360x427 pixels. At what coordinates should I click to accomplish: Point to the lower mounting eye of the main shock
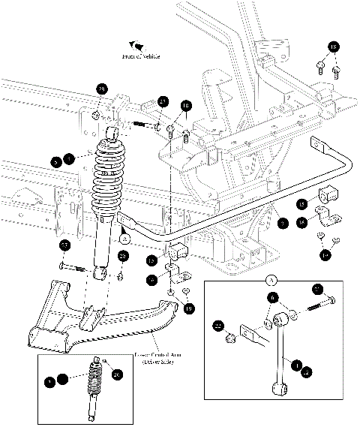[98, 272]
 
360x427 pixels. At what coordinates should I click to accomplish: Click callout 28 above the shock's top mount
[101, 90]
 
